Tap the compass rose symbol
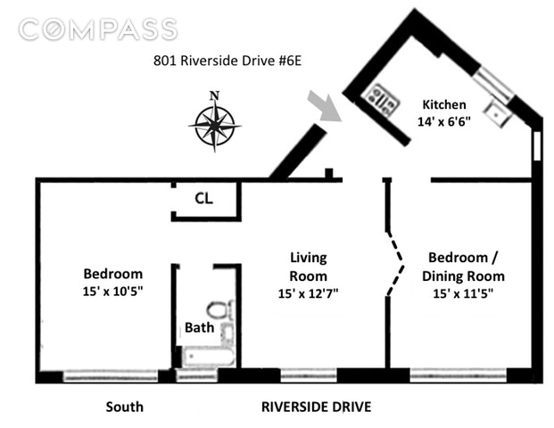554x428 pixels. coord(213,125)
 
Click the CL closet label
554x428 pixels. coord(203,200)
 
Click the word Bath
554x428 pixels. coord(198,326)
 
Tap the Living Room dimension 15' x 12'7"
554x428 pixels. coord(309,292)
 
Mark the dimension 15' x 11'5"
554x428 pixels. coord(463,292)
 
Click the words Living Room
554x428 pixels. coord(309,267)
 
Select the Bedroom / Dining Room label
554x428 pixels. coord(463,267)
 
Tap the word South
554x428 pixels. coord(124,407)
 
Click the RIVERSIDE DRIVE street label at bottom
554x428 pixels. coord(316,407)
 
